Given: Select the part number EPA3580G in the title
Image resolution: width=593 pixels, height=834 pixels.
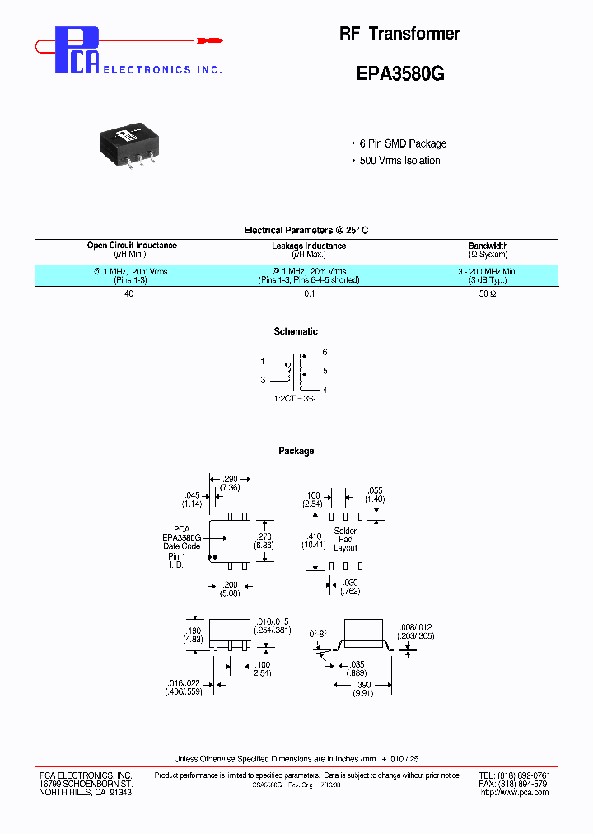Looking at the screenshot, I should pyautogui.click(x=400, y=73).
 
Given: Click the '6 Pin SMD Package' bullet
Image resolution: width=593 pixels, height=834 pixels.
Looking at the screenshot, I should pyautogui.click(x=403, y=143).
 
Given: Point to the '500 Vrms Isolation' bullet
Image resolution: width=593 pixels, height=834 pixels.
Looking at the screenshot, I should pyautogui.click(x=399, y=161).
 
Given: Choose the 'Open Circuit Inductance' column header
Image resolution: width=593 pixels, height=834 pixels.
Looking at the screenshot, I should pyautogui.click(x=132, y=246).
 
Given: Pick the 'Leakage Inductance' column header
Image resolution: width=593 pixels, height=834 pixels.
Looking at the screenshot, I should pyautogui.click(x=309, y=246).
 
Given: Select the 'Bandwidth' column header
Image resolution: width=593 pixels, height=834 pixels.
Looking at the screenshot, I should pyautogui.click(x=488, y=246).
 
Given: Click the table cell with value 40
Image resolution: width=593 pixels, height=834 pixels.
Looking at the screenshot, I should pyautogui.click(x=129, y=294).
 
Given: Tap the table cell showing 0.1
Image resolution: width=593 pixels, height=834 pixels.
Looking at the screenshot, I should pyautogui.click(x=309, y=294).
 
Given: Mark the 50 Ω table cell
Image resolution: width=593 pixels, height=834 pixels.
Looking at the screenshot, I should pyautogui.click(x=488, y=294).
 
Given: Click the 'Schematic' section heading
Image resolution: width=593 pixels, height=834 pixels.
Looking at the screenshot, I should pyautogui.click(x=296, y=332).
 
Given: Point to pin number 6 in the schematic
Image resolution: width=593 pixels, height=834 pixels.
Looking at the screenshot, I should pyautogui.click(x=325, y=352).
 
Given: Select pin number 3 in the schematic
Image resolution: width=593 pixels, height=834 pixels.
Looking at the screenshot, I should pyautogui.click(x=263, y=380).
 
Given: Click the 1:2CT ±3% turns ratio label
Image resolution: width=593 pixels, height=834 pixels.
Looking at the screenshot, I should pyautogui.click(x=296, y=399).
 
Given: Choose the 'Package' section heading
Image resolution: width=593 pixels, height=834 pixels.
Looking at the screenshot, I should pyautogui.click(x=296, y=451).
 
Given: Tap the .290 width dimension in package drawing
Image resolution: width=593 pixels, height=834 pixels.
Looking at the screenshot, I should pyautogui.click(x=230, y=478).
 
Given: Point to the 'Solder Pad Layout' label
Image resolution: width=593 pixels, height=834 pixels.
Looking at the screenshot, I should pyautogui.click(x=345, y=540).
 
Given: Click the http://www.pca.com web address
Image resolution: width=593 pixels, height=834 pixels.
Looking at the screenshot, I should pyautogui.click(x=514, y=793).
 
